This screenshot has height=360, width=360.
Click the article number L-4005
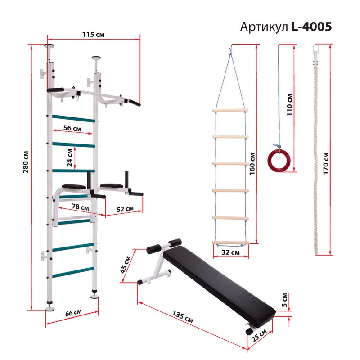pyautogui.click(x=311, y=27)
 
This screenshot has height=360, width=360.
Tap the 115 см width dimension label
pyautogui.click(x=93, y=35)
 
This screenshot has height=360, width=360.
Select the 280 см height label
pyautogui.click(x=26, y=162)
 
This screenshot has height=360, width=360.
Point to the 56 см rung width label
pyautogui.click(x=72, y=128)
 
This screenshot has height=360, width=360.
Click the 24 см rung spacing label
pyautogui.click(x=70, y=158)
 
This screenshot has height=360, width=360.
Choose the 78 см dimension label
pyautogui.click(x=81, y=207)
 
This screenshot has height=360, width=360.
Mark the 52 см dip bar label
pyautogui.click(x=125, y=209)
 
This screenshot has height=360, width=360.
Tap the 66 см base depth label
pyautogui.click(x=73, y=313)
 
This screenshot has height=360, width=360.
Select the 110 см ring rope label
pyautogui.click(x=290, y=105)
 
